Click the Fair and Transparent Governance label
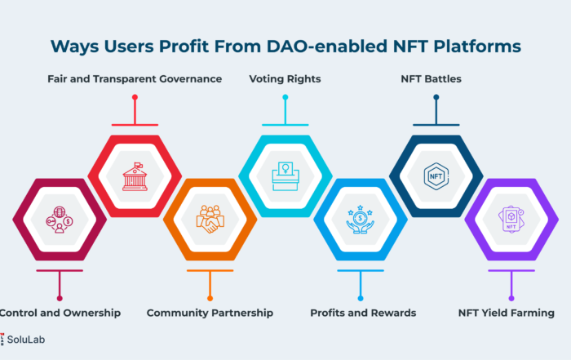(135, 78)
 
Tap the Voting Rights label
(285, 78)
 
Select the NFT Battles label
(432, 78)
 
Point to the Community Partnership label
(210, 313)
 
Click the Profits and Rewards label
(363, 313)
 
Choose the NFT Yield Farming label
(507, 313)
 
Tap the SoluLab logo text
(26, 340)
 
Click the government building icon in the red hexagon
(135, 176)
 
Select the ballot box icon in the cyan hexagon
(285, 176)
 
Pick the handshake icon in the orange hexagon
(210, 219)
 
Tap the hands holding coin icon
(361, 220)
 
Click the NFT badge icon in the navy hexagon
(436, 176)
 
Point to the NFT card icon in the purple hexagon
(511, 220)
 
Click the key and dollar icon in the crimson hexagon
(60, 220)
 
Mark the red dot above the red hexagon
(135, 97)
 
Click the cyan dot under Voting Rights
(285, 97)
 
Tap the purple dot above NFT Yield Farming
(511, 299)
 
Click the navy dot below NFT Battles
(436, 97)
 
